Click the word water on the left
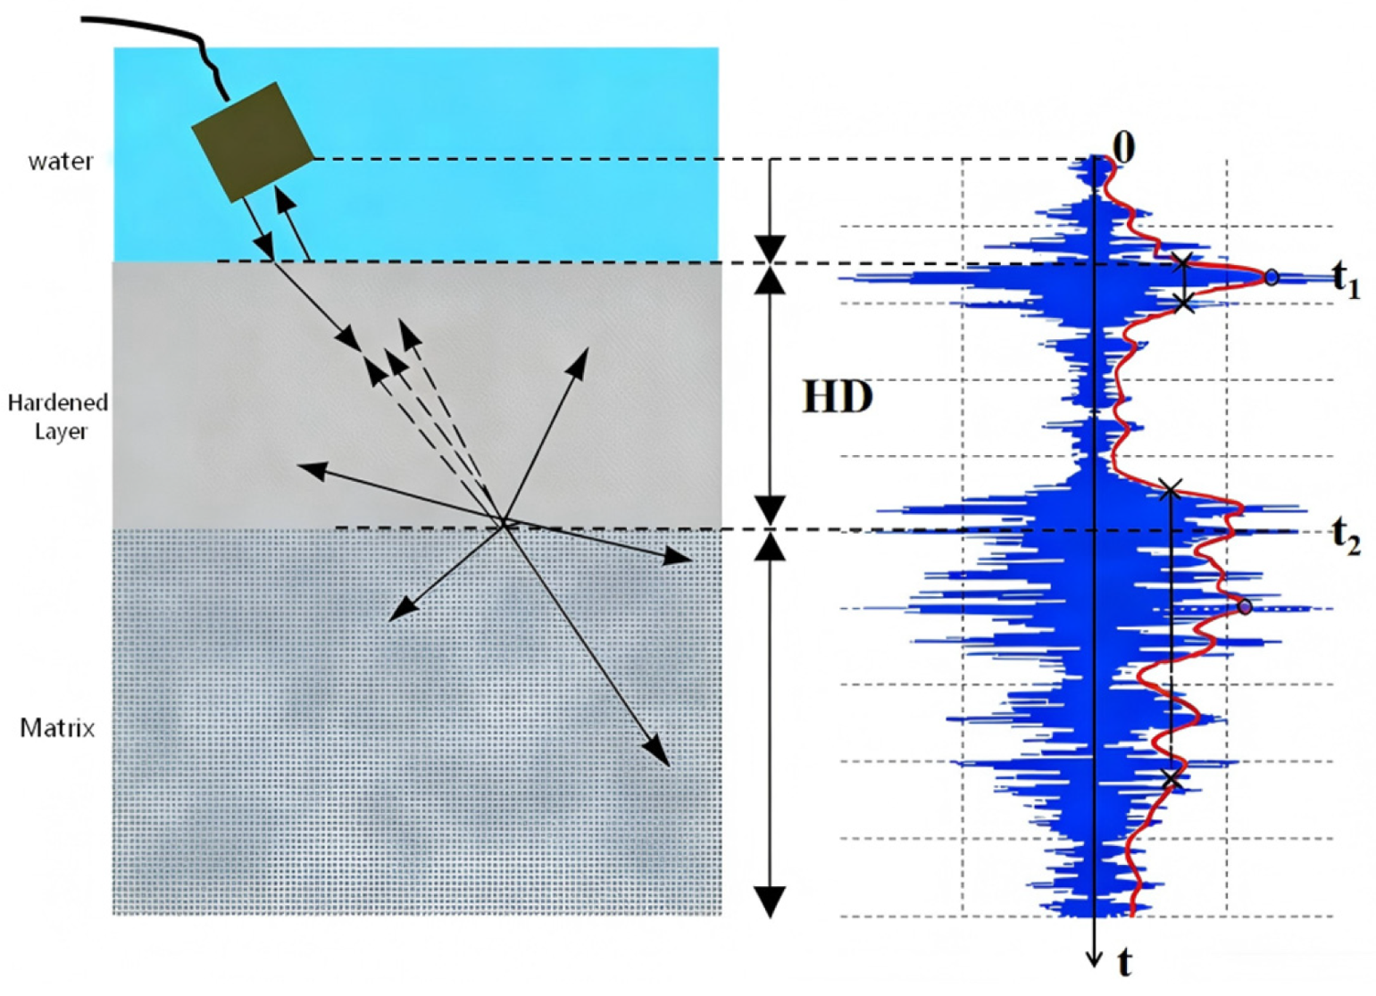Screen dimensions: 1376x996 coord(60,162)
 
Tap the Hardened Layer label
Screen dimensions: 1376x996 coord(58,417)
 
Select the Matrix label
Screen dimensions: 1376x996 coord(58,728)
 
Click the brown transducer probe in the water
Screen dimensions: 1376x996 coord(253,143)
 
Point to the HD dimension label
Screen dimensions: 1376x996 coord(838,397)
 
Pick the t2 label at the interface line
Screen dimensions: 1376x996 coord(1347,536)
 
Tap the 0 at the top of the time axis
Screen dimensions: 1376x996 coord(1123,148)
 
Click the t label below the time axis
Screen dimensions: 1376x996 coord(1123,963)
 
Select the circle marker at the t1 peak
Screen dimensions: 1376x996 coord(1272,278)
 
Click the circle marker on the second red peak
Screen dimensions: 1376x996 coord(1245,607)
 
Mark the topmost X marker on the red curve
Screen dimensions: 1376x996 coord(1183,262)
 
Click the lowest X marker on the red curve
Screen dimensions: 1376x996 coord(1172,778)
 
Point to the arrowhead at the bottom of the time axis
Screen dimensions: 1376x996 coord(1094,959)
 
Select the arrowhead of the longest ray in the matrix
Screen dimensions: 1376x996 coord(657,751)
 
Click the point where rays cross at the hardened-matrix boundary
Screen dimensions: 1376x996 coord(504,524)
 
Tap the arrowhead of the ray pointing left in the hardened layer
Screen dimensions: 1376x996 coord(310,469)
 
